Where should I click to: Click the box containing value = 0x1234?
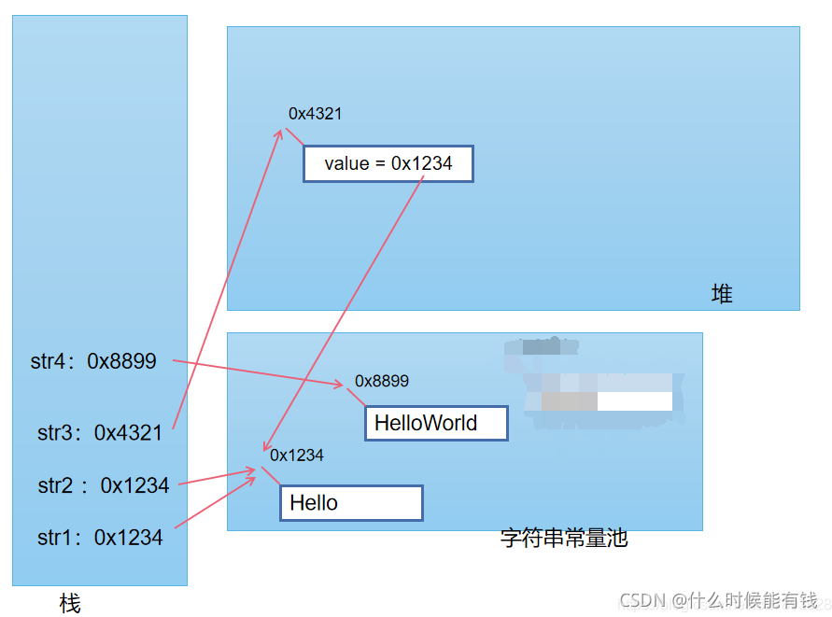(388, 163)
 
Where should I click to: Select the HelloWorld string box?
(436, 423)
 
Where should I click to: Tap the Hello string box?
(351, 503)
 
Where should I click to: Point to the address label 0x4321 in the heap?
(315, 114)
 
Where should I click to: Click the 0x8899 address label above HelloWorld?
(381, 381)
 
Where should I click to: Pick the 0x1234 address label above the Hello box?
(297, 456)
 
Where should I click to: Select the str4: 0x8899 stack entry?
(93, 361)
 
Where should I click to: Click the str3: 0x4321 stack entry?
(100, 432)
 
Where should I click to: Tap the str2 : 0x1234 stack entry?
(104, 485)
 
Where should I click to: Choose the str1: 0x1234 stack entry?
(100, 538)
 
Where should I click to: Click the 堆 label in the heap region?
(722, 294)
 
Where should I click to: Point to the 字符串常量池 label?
(564, 539)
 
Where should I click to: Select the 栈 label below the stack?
(70, 604)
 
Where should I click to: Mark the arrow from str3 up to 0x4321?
(227, 280)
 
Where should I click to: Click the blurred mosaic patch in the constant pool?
(598, 383)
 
